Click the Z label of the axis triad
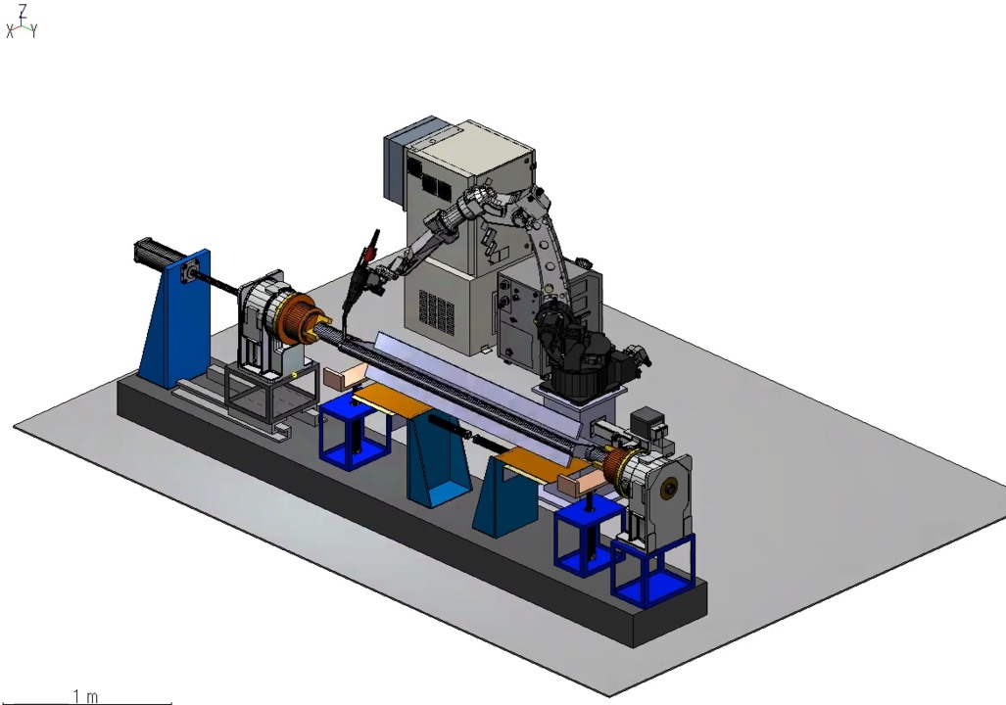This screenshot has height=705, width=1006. pyautogui.click(x=24, y=10)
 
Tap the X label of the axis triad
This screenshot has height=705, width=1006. pyautogui.click(x=10, y=31)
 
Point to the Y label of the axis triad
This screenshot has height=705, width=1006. pyautogui.click(x=34, y=30)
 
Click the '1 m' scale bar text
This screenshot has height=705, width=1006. pyautogui.click(x=85, y=696)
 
